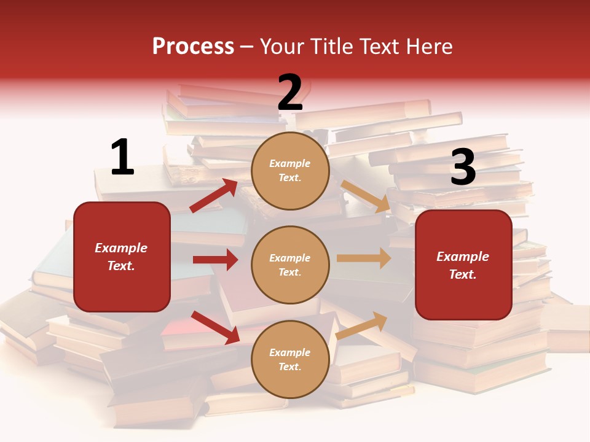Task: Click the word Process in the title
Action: pos(193,47)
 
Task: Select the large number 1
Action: pos(122,157)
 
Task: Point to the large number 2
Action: pos(290,93)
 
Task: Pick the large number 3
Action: pos(463,168)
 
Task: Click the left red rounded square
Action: pos(122,257)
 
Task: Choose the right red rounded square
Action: pos(463,265)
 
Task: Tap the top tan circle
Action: pos(290,171)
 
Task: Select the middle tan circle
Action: pos(290,265)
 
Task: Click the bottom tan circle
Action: pos(290,359)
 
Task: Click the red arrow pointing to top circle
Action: pos(214,195)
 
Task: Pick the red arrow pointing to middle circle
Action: pos(215,260)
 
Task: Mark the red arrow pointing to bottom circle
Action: pos(215,327)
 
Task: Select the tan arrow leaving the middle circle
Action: pos(364,258)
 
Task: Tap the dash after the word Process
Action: pos(247,47)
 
